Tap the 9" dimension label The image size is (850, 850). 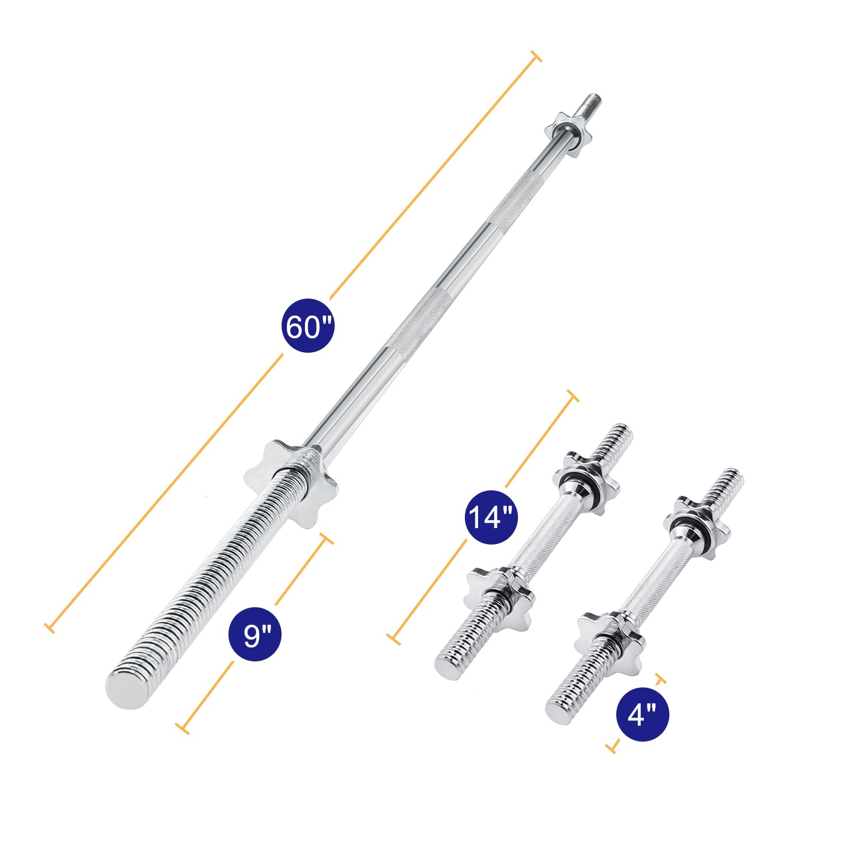pyautogui.click(x=256, y=634)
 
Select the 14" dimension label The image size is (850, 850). pyautogui.click(x=492, y=517)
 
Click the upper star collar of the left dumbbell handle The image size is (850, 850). pyautogui.click(x=586, y=482)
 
